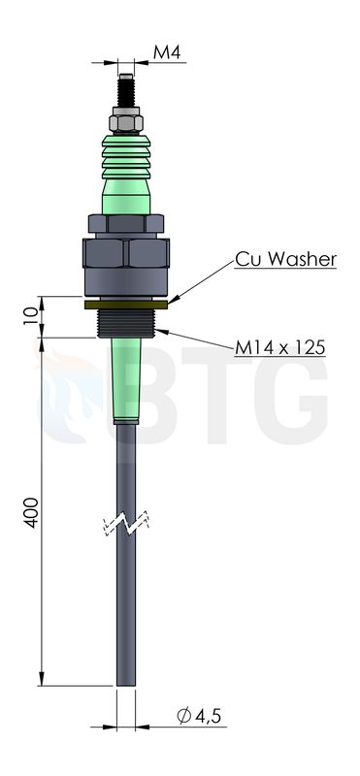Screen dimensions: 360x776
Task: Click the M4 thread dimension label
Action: pyautogui.click(x=167, y=52)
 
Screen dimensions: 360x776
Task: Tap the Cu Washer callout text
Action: pyautogui.click(x=285, y=259)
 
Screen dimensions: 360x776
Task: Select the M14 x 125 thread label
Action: pyautogui.click(x=279, y=348)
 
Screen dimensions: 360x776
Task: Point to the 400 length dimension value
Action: pyautogui.click(x=32, y=512)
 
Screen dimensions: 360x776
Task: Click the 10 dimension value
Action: pyautogui.click(x=31, y=316)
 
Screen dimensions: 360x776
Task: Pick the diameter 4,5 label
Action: pyautogui.click(x=199, y=716)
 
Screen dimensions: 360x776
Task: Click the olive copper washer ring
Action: pyautogui.click(x=126, y=305)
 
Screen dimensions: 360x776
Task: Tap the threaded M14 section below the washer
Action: pyautogui.click(x=126, y=323)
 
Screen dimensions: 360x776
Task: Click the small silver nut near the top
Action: pyautogui.click(x=126, y=120)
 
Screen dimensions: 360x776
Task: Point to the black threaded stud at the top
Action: pyautogui.click(x=126, y=90)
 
